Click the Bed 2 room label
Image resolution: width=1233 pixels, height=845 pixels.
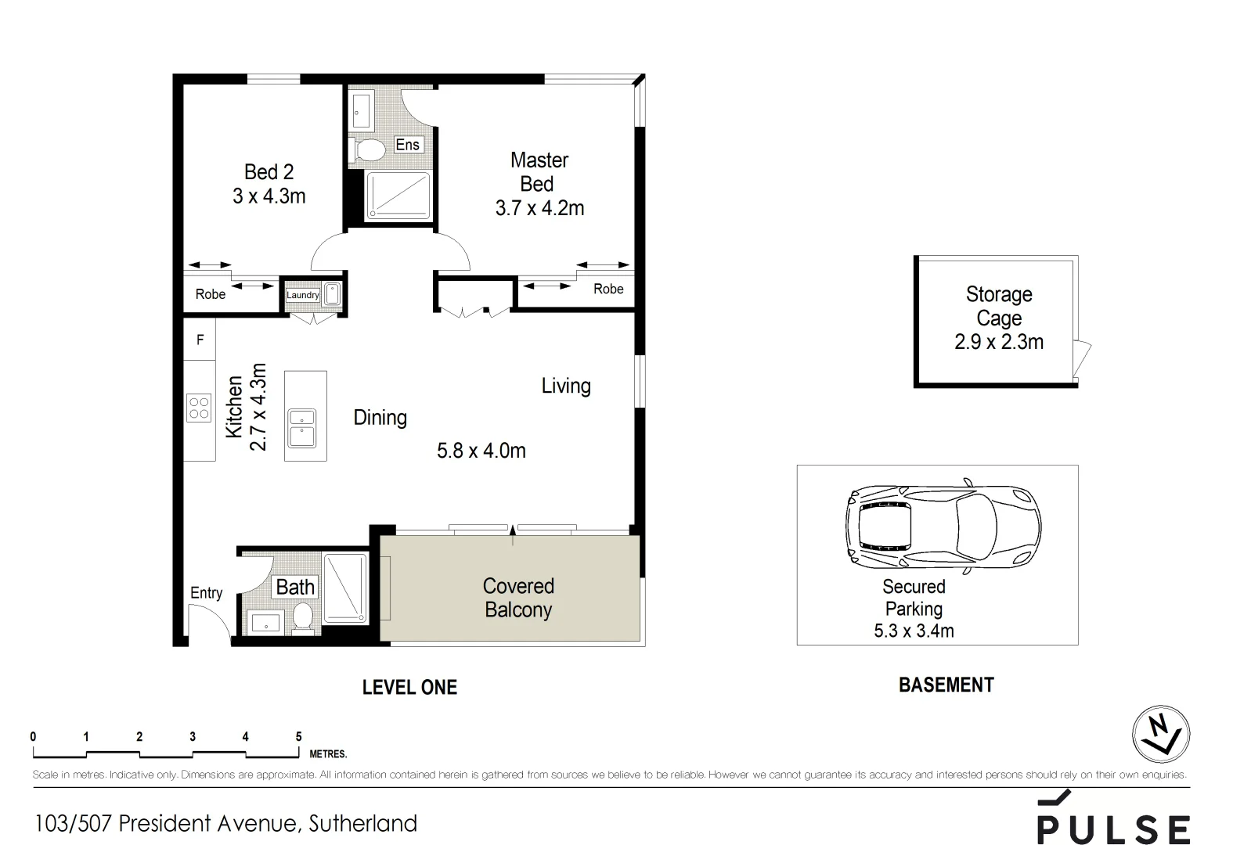(269, 172)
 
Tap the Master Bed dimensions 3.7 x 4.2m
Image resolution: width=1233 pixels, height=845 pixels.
(539, 208)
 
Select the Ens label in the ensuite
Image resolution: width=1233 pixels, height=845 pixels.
(407, 145)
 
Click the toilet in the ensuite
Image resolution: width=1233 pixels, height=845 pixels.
(369, 149)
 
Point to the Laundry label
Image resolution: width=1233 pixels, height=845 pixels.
(302, 295)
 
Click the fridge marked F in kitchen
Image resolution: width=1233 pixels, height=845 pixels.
(200, 340)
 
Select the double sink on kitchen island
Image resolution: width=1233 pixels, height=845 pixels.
(302, 428)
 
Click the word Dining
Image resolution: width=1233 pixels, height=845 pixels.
(380, 417)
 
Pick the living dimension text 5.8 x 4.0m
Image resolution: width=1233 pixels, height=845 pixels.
(481, 451)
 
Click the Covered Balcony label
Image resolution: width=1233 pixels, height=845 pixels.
(517, 598)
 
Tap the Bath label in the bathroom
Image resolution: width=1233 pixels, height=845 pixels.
(295, 587)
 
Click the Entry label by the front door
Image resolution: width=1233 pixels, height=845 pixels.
(206, 593)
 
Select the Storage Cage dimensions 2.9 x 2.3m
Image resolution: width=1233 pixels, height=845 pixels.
(998, 342)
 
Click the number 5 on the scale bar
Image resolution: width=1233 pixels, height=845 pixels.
(298, 736)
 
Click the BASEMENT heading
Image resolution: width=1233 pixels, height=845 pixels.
(946, 685)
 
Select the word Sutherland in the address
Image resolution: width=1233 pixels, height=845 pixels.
(362, 823)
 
